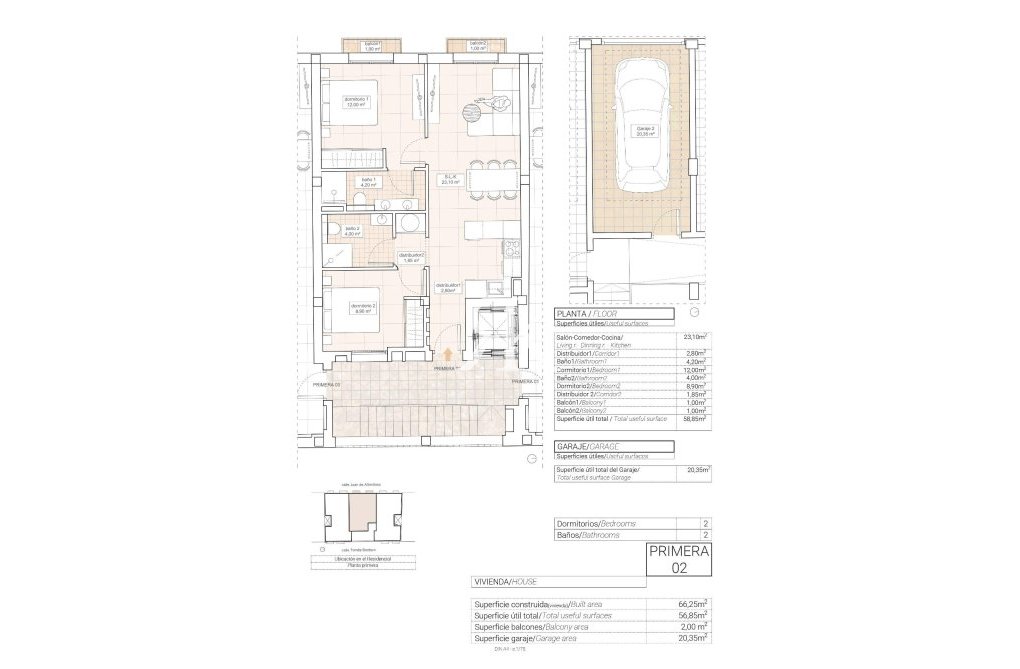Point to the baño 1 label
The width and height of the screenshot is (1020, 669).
[368, 183]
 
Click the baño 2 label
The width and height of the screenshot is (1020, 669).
[353, 231]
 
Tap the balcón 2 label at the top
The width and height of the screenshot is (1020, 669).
[478, 45]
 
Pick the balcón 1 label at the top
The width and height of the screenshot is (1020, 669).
[372, 45]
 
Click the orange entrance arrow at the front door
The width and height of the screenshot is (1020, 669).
[447, 352]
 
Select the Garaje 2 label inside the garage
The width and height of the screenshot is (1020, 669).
[647, 131]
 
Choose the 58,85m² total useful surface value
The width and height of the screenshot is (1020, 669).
[695, 420]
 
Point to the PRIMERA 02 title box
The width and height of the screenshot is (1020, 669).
[679, 559]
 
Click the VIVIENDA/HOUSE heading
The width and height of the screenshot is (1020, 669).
[507, 581]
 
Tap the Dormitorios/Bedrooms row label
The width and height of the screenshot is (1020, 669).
[596, 524]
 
